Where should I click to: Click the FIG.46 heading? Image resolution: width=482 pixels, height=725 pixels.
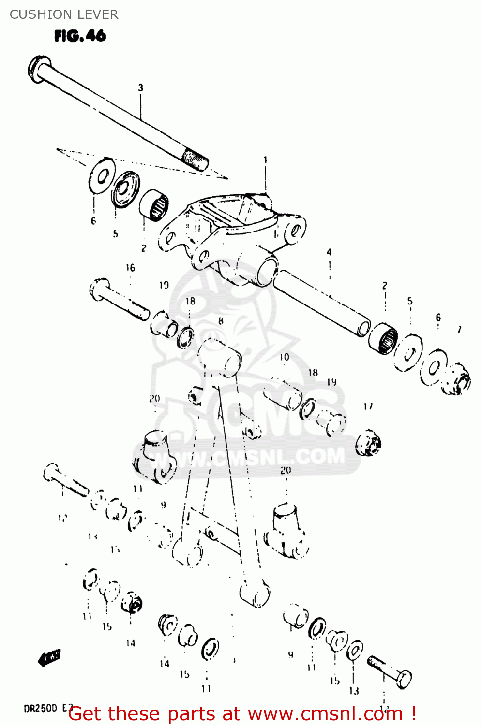click(80, 36)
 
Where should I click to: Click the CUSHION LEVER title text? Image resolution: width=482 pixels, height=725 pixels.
click(63, 14)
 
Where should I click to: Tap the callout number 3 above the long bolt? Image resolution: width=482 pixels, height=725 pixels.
click(140, 87)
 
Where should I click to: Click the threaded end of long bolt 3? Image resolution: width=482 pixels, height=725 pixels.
click(196, 159)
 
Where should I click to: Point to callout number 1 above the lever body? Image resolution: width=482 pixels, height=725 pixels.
click(265, 159)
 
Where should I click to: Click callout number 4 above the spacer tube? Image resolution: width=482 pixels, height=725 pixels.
click(329, 252)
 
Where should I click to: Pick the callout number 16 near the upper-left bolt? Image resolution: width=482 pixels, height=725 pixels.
click(130, 268)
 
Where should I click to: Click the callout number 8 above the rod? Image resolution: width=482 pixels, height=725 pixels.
click(221, 321)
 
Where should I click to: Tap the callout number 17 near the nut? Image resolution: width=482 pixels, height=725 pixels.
click(368, 406)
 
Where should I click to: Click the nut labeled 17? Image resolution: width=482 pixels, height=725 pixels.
click(368, 442)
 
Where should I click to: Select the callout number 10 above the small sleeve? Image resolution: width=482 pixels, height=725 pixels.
click(284, 357)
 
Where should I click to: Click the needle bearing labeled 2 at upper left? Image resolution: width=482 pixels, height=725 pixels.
click(154, 205)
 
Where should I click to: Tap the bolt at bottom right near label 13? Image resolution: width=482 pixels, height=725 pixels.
click(390, 672)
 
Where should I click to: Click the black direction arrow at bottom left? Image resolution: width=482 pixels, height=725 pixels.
click(49, 658)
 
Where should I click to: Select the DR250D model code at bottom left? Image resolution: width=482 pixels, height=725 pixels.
click(41, 709)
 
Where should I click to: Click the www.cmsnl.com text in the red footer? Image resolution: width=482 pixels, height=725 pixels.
click(326, 714)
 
